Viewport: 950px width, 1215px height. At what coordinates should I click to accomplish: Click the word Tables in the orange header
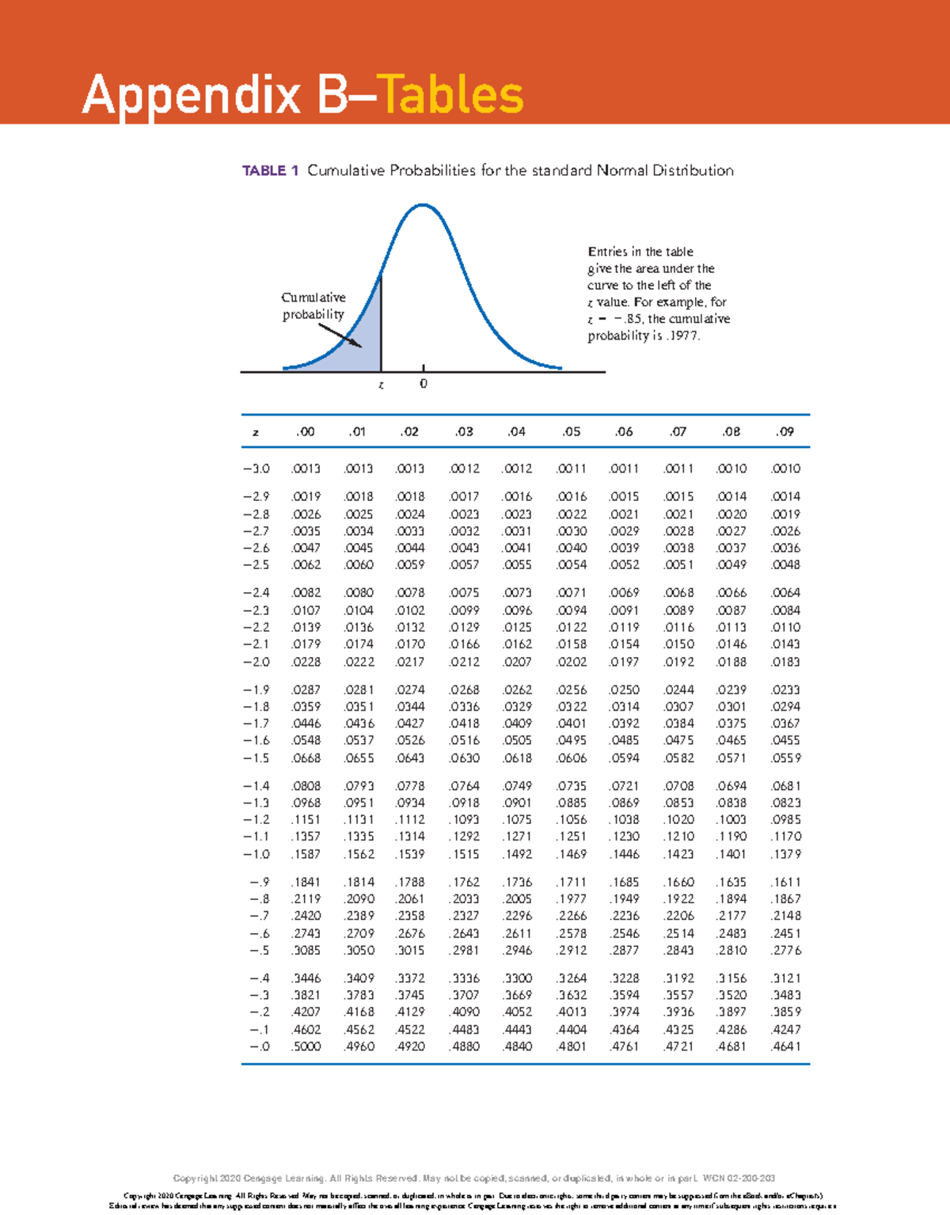450,95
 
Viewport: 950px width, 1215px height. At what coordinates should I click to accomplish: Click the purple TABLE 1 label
270,171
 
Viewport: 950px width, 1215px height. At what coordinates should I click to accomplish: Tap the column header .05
571,432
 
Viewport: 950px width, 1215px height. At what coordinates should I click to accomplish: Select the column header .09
785,432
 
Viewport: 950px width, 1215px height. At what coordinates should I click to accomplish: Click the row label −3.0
256,469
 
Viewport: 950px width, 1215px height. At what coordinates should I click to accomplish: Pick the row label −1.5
256,758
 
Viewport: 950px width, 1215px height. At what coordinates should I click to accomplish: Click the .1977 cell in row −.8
571,899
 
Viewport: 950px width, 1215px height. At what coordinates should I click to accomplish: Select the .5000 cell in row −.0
306,1046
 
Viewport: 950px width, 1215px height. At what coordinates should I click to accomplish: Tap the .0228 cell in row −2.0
306,662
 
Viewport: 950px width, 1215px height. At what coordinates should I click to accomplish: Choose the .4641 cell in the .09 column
785,1046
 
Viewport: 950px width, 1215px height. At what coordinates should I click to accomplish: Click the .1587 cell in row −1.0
306,854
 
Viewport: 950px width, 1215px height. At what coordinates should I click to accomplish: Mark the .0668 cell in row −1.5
306,758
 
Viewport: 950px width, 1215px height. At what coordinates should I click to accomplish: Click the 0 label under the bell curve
424,384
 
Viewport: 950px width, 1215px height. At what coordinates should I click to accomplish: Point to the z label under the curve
381,385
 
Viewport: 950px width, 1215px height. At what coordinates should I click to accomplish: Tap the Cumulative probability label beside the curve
313,306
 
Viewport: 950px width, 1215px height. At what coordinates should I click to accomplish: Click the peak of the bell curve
424,205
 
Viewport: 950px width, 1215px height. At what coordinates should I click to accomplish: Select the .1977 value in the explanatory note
684,336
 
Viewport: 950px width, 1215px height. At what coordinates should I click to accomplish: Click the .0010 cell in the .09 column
785,469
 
